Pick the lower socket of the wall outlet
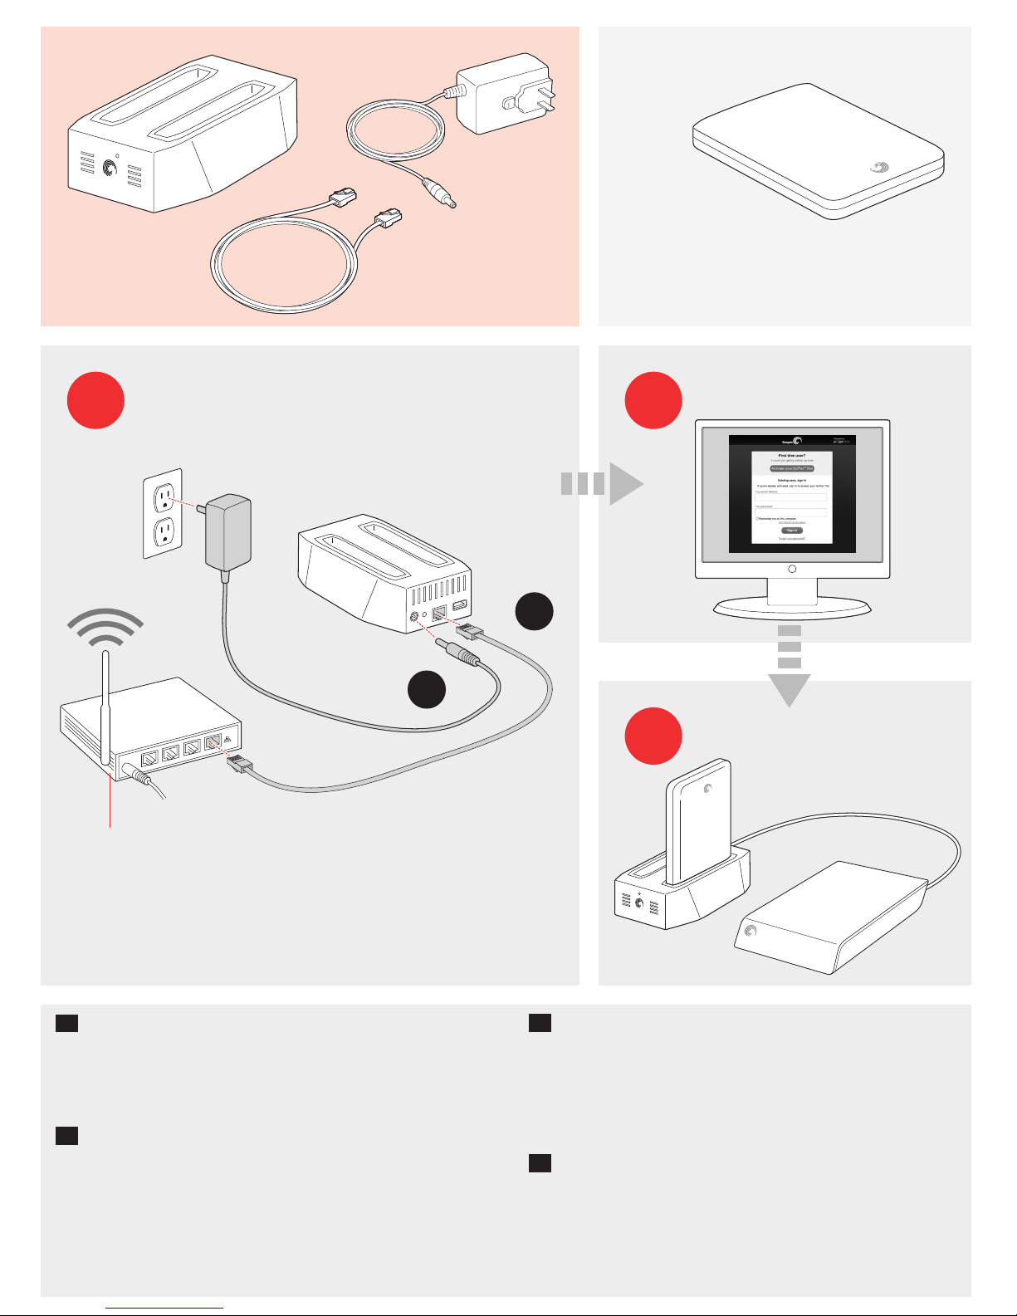(165, 531)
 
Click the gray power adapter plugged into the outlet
(228, 533)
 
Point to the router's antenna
(105, 706)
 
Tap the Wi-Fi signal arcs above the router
(106, 627)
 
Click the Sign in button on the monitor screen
(791, 530)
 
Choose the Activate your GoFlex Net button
(791, 468)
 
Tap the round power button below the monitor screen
(791, 569)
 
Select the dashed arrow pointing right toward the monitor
(602, 483)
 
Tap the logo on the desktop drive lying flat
(751, 932)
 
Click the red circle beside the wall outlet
(96, 400)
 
